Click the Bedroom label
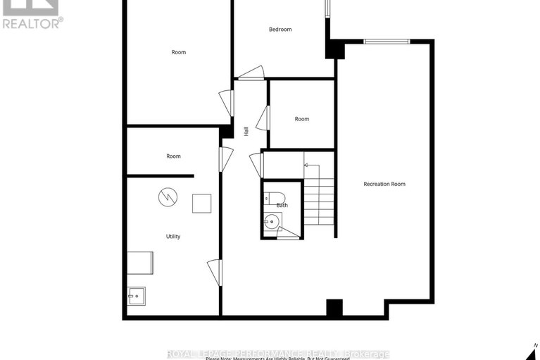tap(280, 30)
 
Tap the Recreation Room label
tap(384, 184)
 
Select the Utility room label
tap(173, 237)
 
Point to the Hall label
tap(246, 130)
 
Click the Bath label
tap(282, 205)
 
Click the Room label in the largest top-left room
tap(179, 52)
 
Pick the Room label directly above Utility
tap(173, 156)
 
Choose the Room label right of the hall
tap(302, 119)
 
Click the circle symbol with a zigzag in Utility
tap(165, 198)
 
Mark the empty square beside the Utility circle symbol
tap(202, 203)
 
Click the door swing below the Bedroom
tap(251, 73)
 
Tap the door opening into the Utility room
tap(215, 272)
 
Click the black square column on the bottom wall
tap(334, 308)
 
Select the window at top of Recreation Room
tap(387, 42)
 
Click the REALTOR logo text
tap(32, 23)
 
